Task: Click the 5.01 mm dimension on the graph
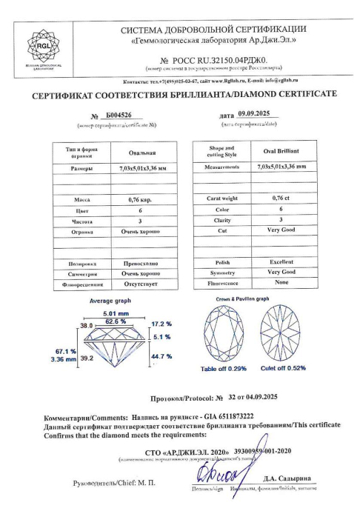[113, 313]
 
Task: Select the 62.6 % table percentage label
[113, 322]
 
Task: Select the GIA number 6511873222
[245, 416]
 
